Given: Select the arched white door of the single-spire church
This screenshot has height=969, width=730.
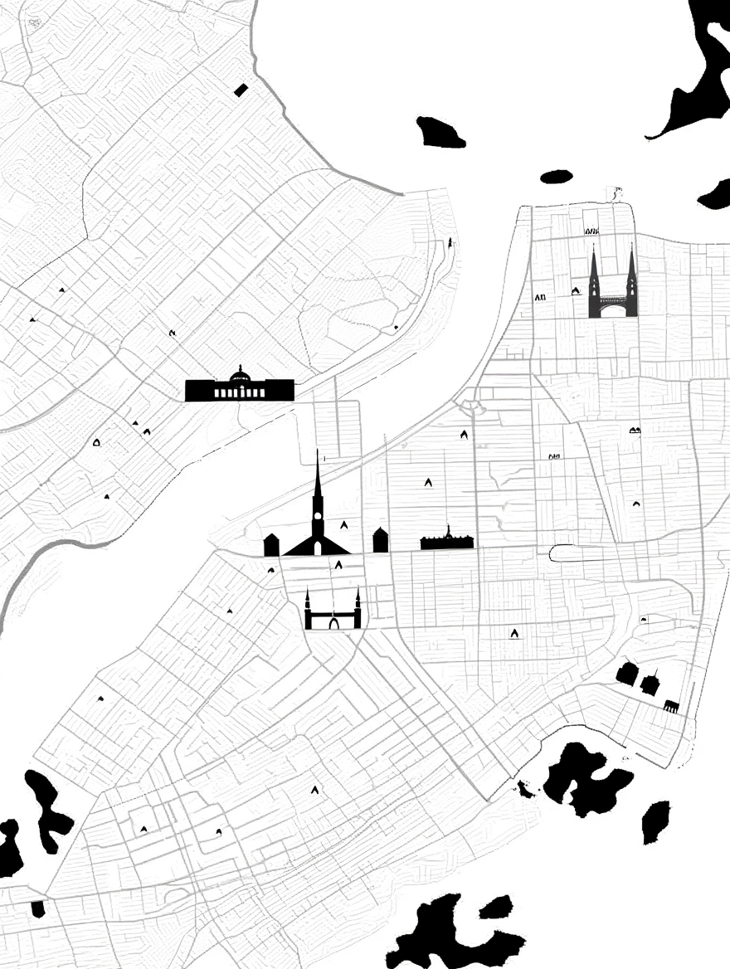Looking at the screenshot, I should [317, 548].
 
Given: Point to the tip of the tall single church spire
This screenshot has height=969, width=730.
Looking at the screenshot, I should [317, 453].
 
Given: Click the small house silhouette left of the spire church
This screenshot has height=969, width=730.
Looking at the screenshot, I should [271, 545].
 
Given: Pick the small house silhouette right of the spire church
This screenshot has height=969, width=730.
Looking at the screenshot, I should [380, 540].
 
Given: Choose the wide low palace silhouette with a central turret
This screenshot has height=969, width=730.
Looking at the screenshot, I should [447, 542].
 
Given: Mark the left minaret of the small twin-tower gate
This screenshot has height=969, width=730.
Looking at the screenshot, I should [308, 606].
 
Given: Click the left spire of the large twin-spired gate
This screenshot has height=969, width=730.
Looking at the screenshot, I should [594, 274].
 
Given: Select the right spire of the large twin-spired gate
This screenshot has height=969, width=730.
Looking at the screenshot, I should [631, 274].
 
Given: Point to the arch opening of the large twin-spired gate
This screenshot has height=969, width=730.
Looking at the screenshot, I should [613, 311].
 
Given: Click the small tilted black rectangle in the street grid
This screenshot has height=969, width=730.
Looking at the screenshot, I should [241, 90].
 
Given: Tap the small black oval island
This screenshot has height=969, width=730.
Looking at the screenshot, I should [556, 176].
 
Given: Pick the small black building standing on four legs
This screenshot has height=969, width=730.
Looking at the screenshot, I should [671, 706].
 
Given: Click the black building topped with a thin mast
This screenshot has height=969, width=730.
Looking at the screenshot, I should [650, 684].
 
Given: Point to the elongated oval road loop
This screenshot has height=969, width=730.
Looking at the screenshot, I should [581, 553].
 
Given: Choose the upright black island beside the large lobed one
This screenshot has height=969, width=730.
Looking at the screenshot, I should [655, 821].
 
